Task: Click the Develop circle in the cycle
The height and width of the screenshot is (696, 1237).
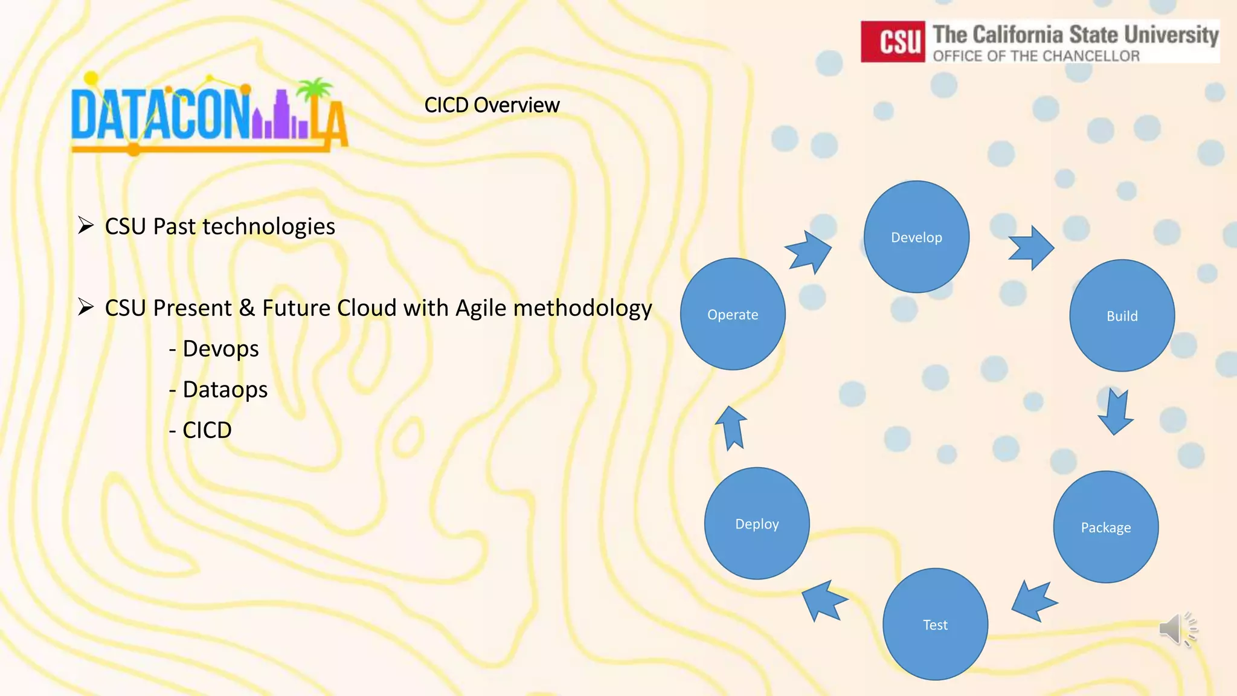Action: (x=916, y=237)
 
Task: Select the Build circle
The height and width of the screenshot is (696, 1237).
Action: (x=1122, y=315)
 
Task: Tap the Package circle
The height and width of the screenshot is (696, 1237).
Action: (x=1105, y=527)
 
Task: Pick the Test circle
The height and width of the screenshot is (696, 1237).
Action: (x=935, y=624)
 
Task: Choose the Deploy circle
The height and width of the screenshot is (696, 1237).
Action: (x=757, y=523)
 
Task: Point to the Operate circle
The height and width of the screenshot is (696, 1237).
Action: (x=733, y=314)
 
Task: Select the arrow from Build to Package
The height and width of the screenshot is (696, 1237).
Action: (x=1115, y=412)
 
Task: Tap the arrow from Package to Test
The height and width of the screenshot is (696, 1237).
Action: (x=1033, y=602)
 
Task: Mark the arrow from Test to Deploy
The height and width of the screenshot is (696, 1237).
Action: (x=823, y=600)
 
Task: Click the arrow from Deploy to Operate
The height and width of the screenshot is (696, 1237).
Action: (x=731, y=428)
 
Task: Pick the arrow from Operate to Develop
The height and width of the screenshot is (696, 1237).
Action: (x=809, y=251)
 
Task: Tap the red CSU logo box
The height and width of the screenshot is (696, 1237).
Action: (x=893, y=42)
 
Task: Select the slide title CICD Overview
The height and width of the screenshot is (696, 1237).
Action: (x=492, y=105)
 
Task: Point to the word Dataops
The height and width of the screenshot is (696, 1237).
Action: (x=225, y=390)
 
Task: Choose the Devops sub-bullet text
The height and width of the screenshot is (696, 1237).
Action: (x=220, y=349)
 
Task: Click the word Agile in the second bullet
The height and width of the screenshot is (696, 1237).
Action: (x=481, y=308)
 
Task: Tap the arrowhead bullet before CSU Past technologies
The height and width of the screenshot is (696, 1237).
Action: (x=86, y=226)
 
